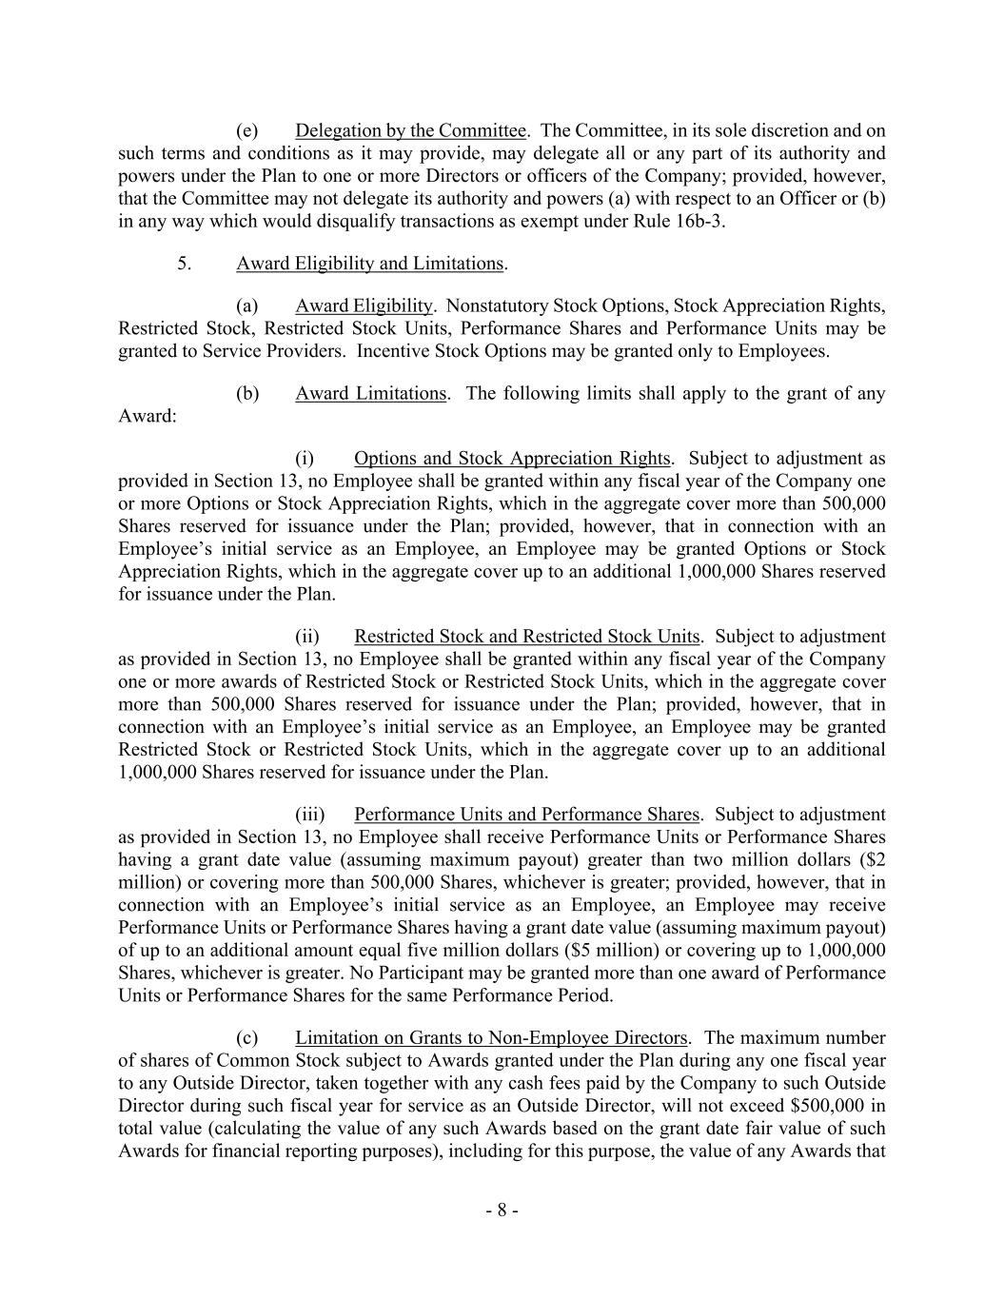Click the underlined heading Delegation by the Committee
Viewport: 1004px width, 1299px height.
pyautogui.click(x=410, y=130)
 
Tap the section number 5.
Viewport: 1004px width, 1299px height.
pyautogui.click(x=185, y=264)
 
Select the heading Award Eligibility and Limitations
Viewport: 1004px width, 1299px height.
pyautogui.click(x=370, y=264)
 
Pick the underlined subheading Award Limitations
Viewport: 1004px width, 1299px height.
pyautogui.click(x=370, y=394)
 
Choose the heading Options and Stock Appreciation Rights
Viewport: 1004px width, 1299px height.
pyautogui.click(x=511, y=459)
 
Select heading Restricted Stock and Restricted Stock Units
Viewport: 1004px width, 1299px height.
pyautogui.click(x=526, y=637)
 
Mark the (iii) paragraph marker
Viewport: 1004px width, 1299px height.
pyautogui.click(x=309, y=815)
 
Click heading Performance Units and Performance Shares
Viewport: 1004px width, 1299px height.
pyautogui.click(x=526, y=815)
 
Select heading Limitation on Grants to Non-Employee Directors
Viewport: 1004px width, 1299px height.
pyautogui.click(x=491, y=1038)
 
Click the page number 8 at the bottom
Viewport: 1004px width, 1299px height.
pyautogui.click(x=502, y=1211)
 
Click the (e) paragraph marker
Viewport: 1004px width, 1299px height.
pyautogui.click(x=246, y=130)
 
